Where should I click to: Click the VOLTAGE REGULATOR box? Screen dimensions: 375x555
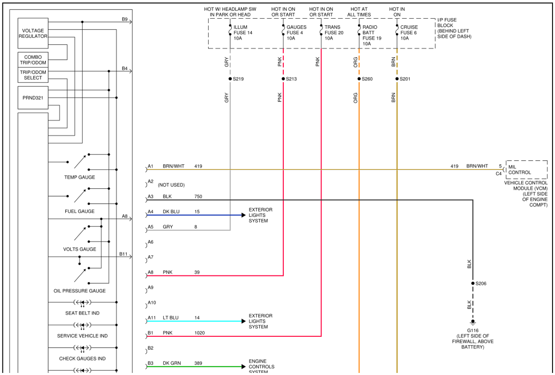coord(33,34)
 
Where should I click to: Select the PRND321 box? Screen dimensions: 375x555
coord(33,98)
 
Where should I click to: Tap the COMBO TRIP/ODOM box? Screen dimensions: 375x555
coord(33,60)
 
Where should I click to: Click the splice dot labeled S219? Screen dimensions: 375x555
coord(230,79)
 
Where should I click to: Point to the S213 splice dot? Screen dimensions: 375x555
coord(283,79)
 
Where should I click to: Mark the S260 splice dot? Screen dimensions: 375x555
coord(359,79)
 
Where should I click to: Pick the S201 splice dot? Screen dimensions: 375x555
coord(397,79)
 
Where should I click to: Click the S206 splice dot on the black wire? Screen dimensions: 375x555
coord(473,283)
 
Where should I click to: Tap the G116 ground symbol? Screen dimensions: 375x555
coord(473,322)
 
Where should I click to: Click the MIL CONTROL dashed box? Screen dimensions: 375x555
coord(526,169)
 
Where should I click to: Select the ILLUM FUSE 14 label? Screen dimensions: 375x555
coord(243,33)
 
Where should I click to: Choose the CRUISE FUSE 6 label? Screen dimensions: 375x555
coord(409,33)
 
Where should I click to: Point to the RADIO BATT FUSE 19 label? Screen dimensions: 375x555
coord(371,35)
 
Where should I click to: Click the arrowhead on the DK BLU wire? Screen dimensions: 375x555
coord(243,215)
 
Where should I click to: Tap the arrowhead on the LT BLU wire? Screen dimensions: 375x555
coord(243,321)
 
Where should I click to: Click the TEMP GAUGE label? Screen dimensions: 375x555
coord(79,177)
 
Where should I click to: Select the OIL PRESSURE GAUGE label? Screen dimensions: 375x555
coord(79,291)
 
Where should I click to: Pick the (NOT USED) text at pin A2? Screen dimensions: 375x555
coord(171,185)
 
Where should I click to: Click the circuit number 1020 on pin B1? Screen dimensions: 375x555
coord(199,333)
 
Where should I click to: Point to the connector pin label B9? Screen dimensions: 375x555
coord(125,19)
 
